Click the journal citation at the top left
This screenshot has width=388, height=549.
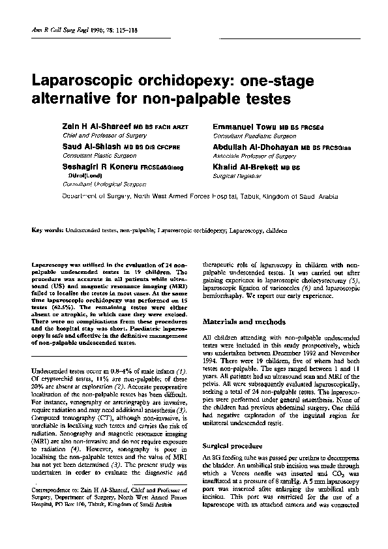(74, 31)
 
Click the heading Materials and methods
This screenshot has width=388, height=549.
(244, 322)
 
